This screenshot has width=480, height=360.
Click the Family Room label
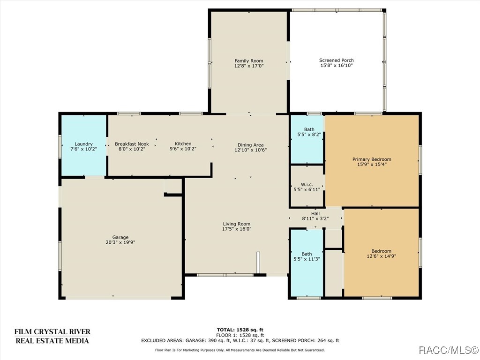pyautogui.click(x=249, y=60)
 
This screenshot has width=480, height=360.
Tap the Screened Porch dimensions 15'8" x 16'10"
pyautogui.click(x=336, y=66)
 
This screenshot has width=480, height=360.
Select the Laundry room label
pyautogui.click(x=83, y=144)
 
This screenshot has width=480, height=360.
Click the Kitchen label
pyautogui.click(x=183, y=143)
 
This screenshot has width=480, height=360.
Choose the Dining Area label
pyautogui.click(x=250, y=145)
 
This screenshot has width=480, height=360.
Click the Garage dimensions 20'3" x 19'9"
pyautogui.click(x=120, y=242)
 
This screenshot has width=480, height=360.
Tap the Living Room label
pyautogui.click(x=236, y=224)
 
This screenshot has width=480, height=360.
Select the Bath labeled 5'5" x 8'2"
pyautogui.click(x=309, y=129)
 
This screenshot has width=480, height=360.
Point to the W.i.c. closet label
pyautogui.click(x=306, y=184)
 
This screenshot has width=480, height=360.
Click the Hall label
pyautogui.click(x=315, y=213)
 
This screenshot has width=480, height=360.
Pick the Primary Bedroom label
pyautogui.click(x=371, y=159)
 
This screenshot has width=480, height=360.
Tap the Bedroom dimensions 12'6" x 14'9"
pyautogui.click(x=381, y=256)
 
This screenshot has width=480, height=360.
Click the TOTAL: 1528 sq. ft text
pyautogui.click(x=240, y=330)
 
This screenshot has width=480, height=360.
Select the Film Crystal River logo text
pyautogui.click(x=52, y=336)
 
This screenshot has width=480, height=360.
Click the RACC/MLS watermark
pyautogui.click(x=447, y=350)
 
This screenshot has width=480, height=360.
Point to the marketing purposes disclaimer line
pyautogui.click(x=240, y=350)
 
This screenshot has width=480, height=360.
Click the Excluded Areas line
pyautogui.click(x=240, y=341)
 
